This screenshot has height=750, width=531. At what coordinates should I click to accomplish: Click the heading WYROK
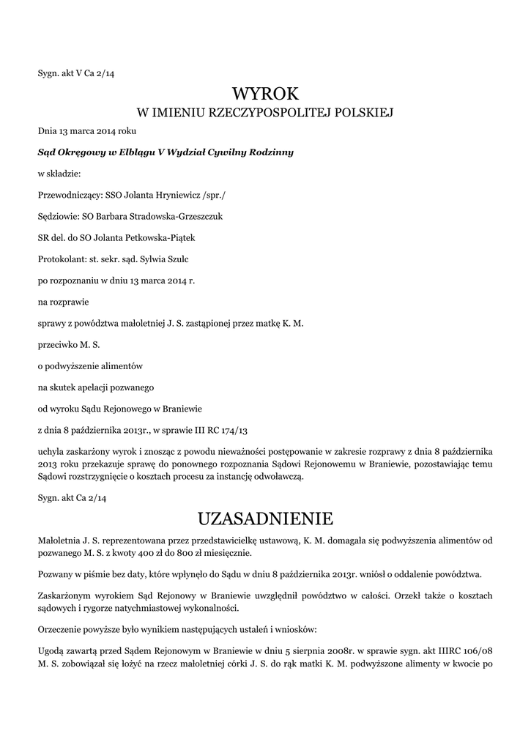(x=265, y=93)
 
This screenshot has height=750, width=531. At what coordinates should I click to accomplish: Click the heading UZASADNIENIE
(x=265, y=519)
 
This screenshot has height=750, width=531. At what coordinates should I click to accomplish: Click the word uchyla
(x=50, y=450)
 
